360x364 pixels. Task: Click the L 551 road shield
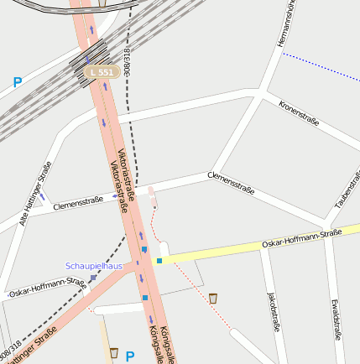(x=101, y=73)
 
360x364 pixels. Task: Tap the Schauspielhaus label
(x=94, y=266)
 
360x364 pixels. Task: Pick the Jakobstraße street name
(x=272, y=313)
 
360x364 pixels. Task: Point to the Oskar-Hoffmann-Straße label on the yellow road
(x=301, y=237)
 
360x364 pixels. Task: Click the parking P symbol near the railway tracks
(x=17, y=83)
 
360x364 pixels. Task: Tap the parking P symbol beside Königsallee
(x=130, y=356)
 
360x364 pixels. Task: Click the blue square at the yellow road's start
(x=159, y=261)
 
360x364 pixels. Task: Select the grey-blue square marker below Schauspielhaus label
(x=93, y=278)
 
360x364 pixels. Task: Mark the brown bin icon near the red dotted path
(x=213, y=298)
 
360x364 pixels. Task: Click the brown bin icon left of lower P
(x=113, y=353)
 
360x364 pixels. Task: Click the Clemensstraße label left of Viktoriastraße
(x=77, y=202)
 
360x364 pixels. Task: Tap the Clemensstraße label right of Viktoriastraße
(x=231, y=182)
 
